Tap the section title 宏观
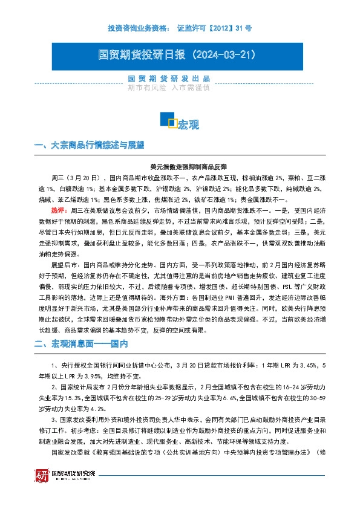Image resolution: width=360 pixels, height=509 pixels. click(188, 125)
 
